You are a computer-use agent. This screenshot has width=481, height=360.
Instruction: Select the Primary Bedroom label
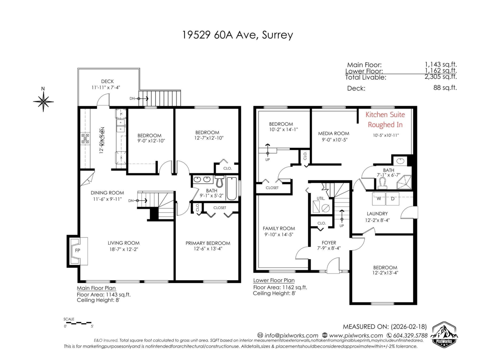click(208, 243)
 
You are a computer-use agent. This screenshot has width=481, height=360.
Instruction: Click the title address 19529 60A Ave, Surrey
click(237, 35)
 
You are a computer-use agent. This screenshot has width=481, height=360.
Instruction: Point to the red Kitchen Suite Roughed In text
click(385, 119)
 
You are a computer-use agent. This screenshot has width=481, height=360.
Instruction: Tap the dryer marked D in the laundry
click(393, 198)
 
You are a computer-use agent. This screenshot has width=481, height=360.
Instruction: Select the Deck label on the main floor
click(107, 81)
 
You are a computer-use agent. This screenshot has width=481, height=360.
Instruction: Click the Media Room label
click(333, 133)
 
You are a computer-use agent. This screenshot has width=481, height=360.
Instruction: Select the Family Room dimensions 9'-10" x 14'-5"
click(279, 235)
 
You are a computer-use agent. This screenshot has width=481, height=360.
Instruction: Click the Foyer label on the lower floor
click(329, 243)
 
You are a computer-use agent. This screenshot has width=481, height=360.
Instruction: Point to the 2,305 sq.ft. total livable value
click(441, 77)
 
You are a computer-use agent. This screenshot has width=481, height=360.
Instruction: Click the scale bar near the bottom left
click(78, 322)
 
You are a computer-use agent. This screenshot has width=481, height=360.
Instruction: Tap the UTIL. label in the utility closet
click(320, 198)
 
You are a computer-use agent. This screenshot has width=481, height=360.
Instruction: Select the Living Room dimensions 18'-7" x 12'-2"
click(123, 249)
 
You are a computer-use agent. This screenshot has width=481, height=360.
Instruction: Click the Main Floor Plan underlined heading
click(96, 288)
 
